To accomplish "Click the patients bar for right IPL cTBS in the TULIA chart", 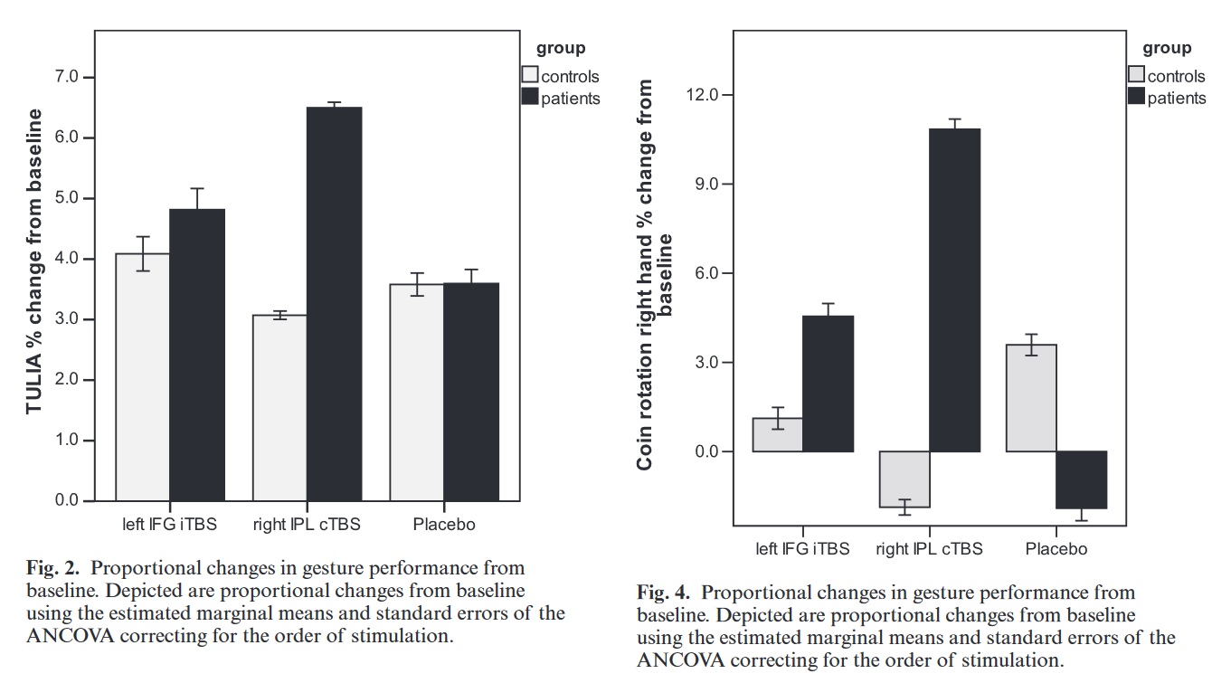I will tap(334, 303).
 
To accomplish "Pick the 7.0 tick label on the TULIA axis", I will tap(68, 77).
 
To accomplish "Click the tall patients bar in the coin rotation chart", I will tap(955, 289).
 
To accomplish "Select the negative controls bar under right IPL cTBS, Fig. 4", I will tap(904, 479).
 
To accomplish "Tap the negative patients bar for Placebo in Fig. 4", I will tap(1081, 480).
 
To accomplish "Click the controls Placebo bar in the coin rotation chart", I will tap(1031, 398).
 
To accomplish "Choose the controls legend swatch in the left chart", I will tap(530, 75).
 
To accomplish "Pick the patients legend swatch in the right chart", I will tap(1136, 97).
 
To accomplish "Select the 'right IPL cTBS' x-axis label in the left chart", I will tap(307, 525).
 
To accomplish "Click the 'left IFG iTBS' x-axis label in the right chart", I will tap(802, 548).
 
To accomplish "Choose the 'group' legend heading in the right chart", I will tap(1167, 48).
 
